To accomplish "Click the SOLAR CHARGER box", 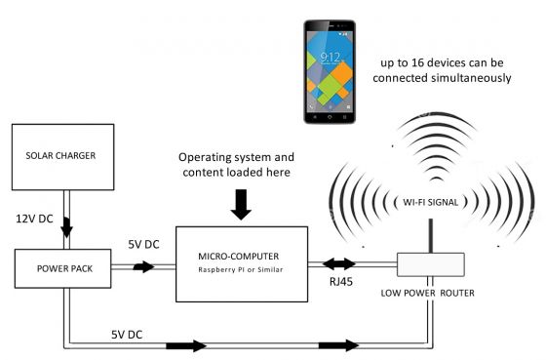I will coord(62,157).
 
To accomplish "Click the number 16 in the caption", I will coord(449,60).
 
